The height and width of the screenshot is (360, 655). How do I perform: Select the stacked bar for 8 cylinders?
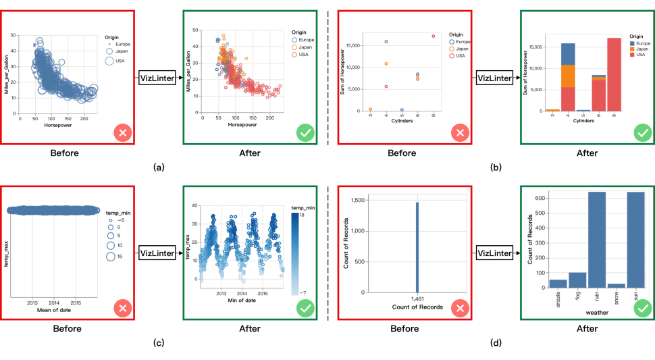[613, 74]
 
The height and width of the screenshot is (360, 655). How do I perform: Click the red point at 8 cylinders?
[433, 36]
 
